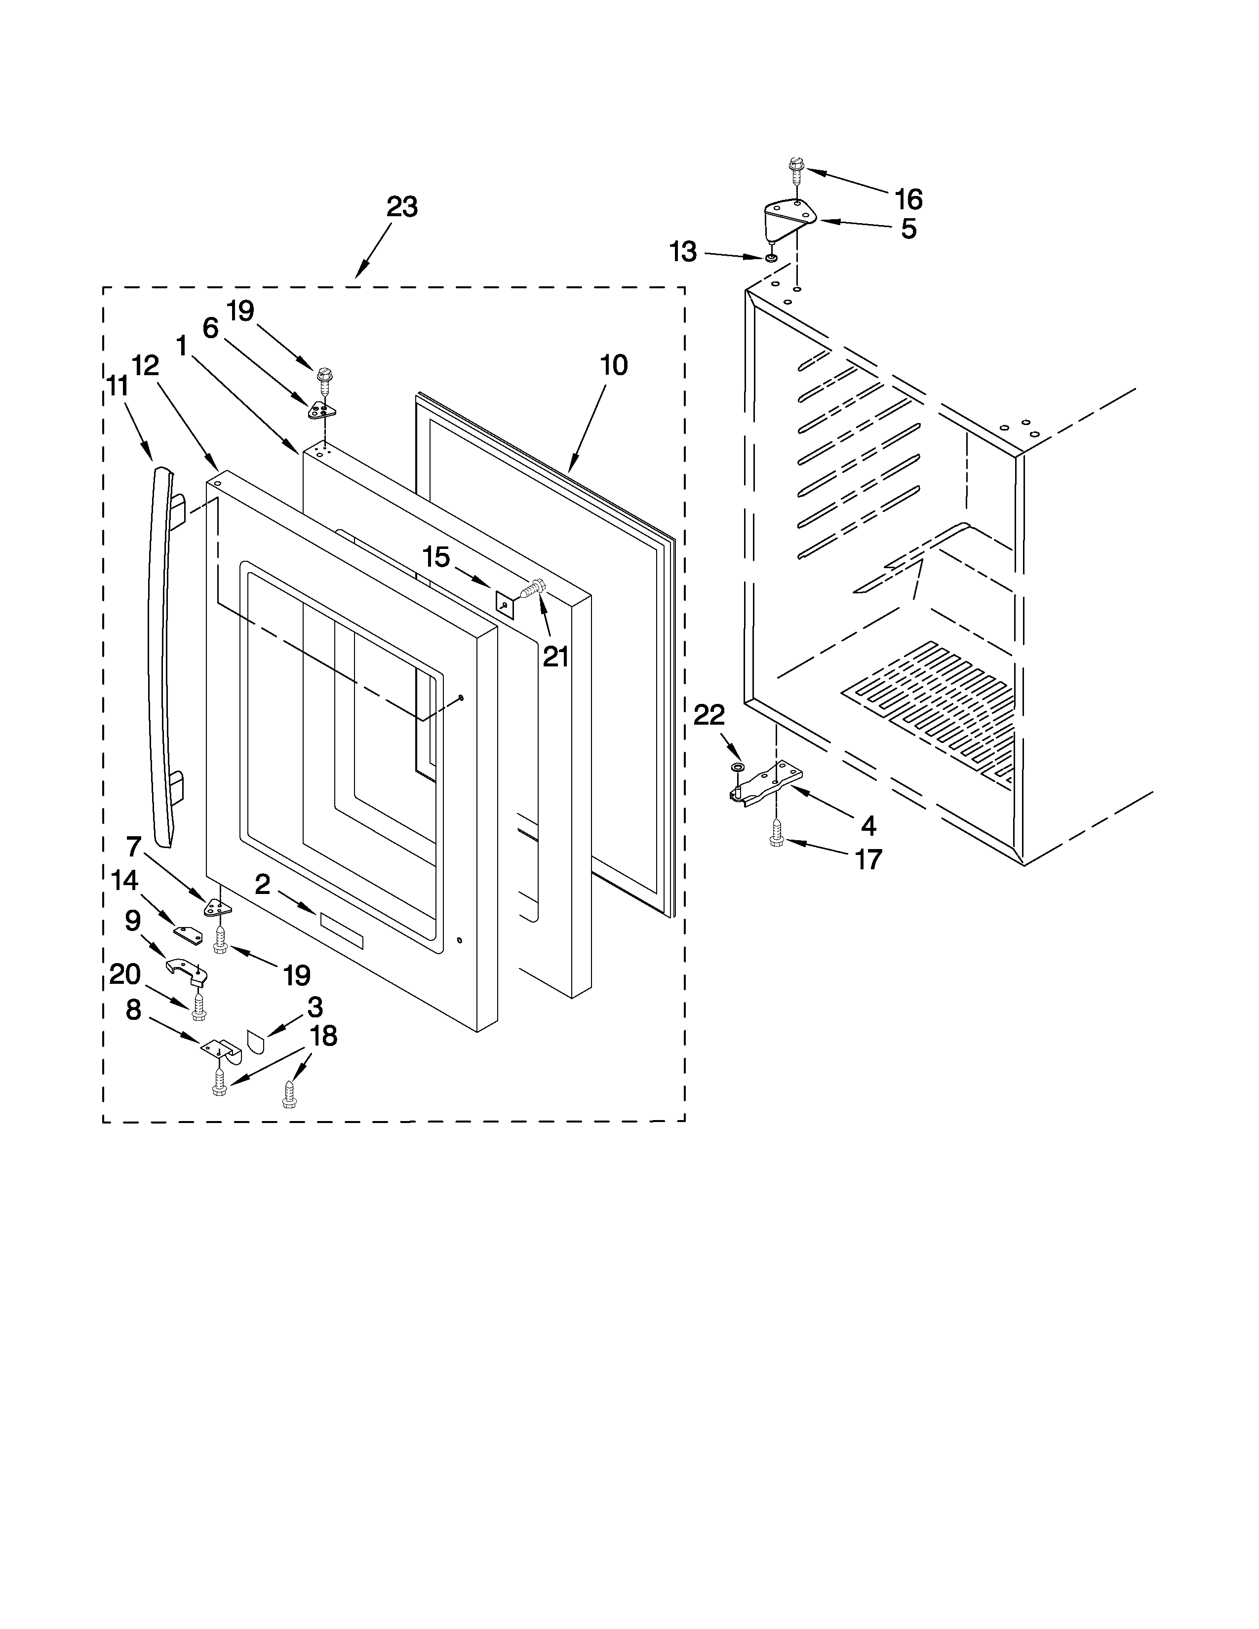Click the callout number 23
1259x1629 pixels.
402,207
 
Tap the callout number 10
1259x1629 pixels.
614,365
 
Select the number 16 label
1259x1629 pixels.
909,199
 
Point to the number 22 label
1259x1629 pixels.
709,715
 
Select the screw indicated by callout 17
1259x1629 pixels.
776,833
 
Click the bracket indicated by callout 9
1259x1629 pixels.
186,972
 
